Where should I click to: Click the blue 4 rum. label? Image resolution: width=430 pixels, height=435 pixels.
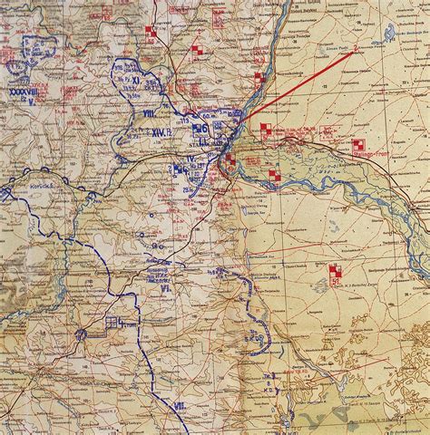114,323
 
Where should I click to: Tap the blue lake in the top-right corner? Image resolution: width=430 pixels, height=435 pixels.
389,35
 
